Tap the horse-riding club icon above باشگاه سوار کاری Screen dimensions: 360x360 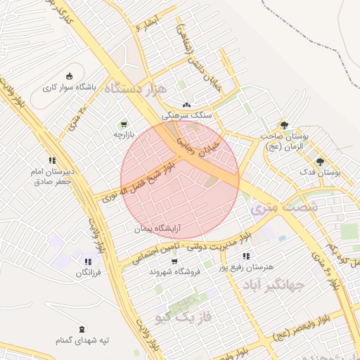click(x=68, y=77)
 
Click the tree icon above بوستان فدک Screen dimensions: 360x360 click(x=320, y=161)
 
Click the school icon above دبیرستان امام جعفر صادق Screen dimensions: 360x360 click(x=52, y=159)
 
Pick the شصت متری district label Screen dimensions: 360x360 click(x=284, y=207)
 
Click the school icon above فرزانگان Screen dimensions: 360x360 click(x=87, y=262)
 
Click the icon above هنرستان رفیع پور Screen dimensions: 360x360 click(x=245, y=256)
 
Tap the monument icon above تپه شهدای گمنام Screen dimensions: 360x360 click(x=82, y=329)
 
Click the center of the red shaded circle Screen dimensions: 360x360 click(x=180, y=180)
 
